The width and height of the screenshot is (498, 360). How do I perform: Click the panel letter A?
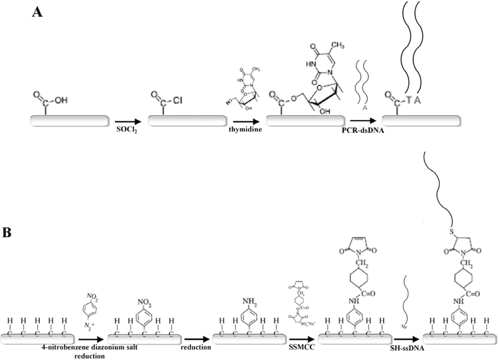click(38, 12)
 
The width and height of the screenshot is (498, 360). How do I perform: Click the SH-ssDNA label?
click(407, 348)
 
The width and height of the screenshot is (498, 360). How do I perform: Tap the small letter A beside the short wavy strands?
click(365, 108)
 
